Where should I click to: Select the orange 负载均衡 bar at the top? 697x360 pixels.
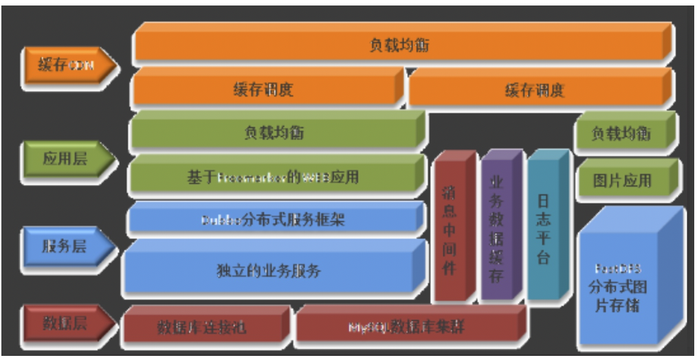399,46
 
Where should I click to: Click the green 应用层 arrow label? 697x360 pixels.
65,159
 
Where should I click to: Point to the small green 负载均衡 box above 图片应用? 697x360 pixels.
621,133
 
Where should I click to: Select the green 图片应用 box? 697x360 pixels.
621,181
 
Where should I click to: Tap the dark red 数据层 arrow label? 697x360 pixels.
65,324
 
